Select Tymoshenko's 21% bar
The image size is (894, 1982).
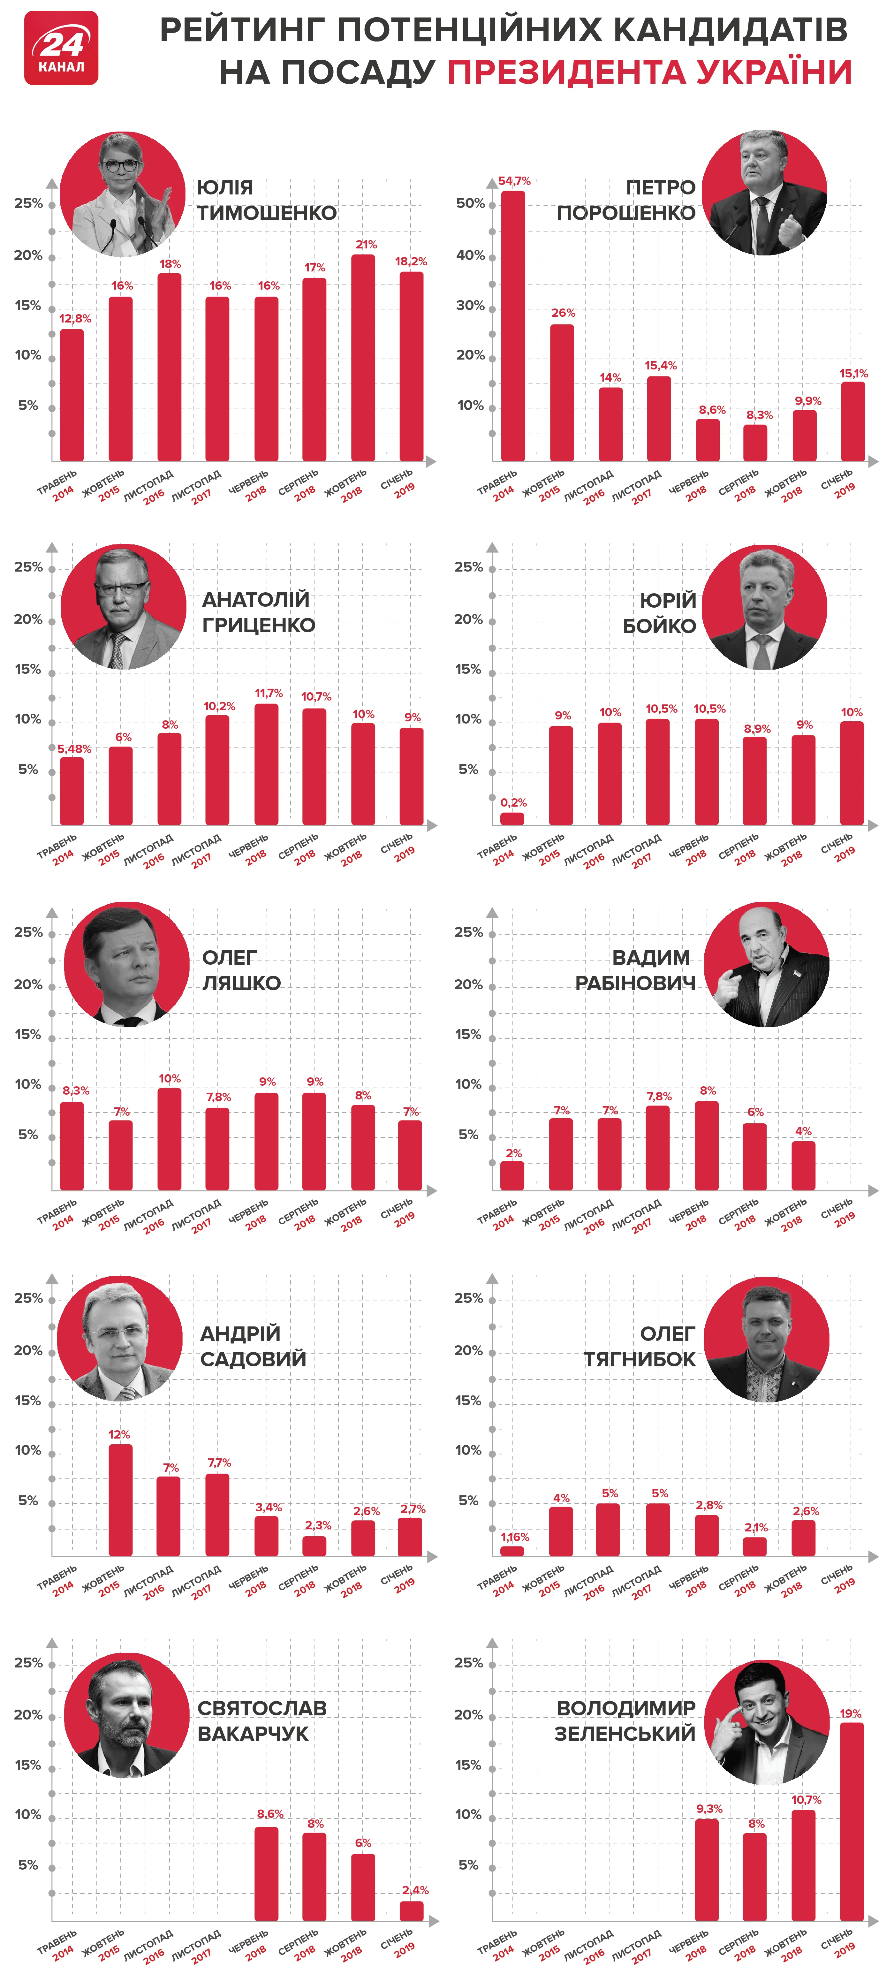363,358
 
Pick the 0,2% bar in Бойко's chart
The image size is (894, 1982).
512,819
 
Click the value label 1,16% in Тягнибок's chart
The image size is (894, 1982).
515,1537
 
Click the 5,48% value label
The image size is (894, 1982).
74,748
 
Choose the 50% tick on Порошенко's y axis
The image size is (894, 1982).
470,203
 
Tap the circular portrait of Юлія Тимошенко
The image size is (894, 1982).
123,194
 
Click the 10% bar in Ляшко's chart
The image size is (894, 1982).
169,1139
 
